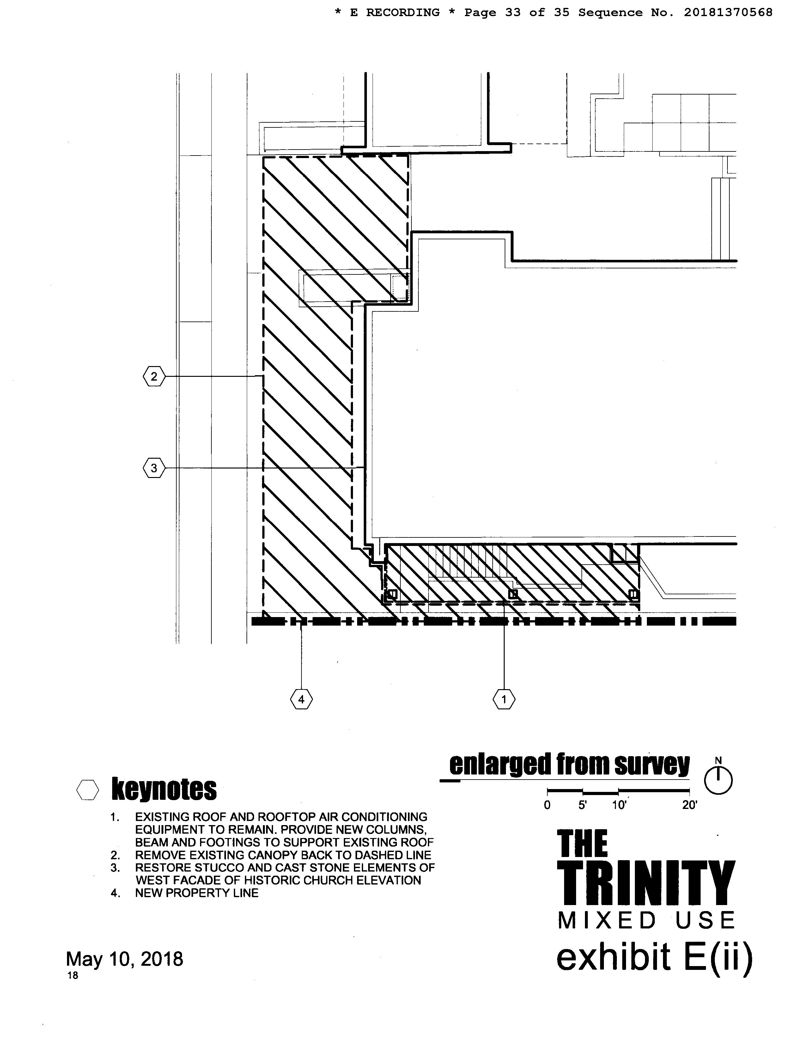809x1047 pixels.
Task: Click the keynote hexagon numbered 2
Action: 154,377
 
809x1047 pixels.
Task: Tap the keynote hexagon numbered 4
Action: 301,700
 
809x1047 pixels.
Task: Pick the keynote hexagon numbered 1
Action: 504,700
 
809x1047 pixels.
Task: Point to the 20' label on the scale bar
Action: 690,805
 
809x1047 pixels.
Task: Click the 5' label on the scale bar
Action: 582,805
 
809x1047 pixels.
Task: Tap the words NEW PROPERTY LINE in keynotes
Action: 197,893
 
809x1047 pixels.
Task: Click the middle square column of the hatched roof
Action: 513,594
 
